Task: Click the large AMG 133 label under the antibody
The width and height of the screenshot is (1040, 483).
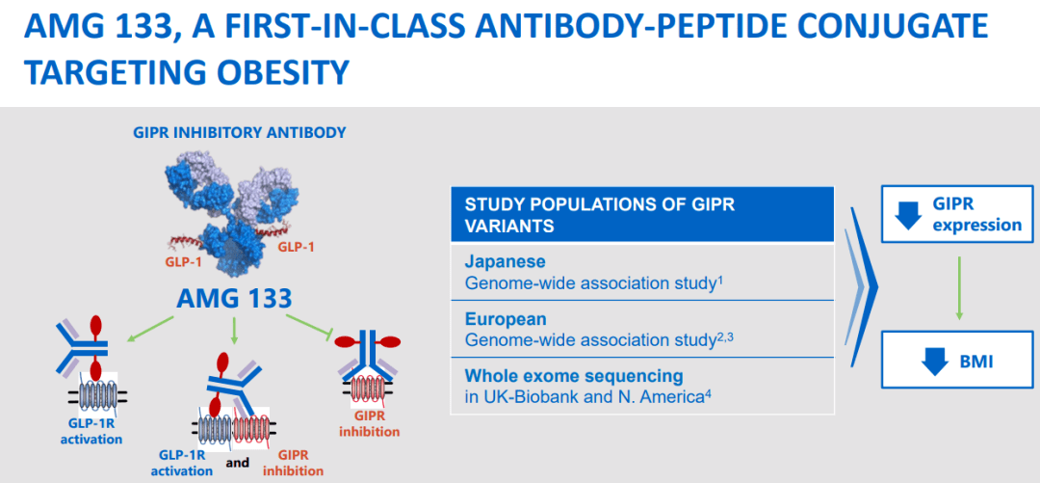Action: click(234, 298)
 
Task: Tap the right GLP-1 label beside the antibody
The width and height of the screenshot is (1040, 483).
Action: click(296, 247)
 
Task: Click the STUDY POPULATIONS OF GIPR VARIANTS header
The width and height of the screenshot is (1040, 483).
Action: click(600, 215)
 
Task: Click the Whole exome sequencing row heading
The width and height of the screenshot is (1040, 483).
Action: click(574, 376)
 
